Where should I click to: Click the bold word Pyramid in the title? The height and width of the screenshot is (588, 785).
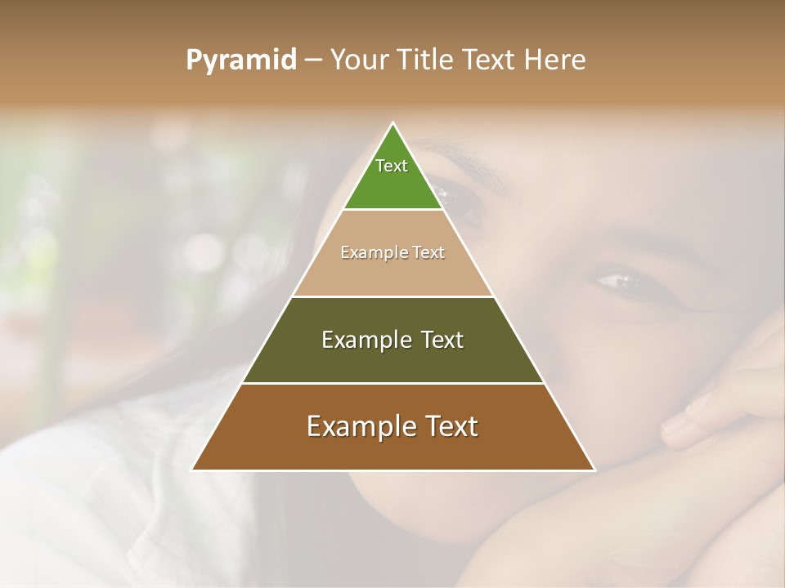tap(240, 60)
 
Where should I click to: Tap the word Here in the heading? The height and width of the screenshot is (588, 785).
tap(555, 60)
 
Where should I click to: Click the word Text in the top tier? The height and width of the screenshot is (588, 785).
tap(392, 166)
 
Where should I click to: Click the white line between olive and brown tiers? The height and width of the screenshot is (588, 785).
tap(392, 383)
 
